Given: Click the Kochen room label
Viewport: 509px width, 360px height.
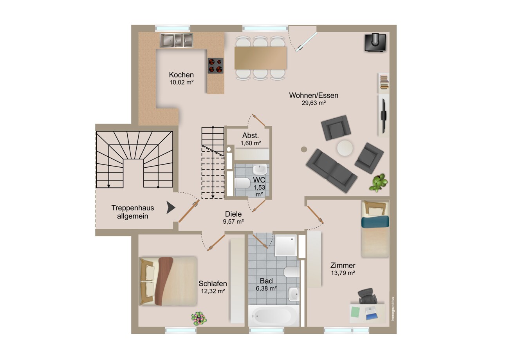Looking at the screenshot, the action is coord(181,75).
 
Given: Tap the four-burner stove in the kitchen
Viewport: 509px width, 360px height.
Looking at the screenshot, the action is coord(215,66).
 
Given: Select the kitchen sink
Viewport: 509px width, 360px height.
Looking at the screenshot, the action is coord(176,40).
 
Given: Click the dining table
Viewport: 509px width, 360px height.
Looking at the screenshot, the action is coord(260,58).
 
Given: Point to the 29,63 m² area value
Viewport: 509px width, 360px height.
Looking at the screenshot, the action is coord(314,103).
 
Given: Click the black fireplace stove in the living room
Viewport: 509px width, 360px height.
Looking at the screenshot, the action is coord(375,42).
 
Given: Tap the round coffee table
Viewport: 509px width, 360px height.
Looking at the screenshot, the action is coord(345,148).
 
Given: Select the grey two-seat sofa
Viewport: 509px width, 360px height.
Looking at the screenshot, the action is coord(331,171).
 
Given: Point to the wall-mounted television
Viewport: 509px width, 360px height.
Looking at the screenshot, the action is coord(384,116).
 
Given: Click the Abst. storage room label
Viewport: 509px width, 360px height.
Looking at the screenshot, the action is coord(251,136).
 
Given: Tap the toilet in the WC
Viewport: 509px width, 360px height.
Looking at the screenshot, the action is coord(242,183).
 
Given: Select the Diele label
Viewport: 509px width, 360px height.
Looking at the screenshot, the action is coord(233,214).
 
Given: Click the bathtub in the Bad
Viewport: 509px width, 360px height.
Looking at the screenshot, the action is coord(274,316).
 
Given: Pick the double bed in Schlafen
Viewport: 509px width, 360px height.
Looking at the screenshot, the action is coord(168,281).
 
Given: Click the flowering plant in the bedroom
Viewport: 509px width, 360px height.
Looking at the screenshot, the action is coord(199,318).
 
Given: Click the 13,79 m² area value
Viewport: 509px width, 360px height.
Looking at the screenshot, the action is coord(343,273).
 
